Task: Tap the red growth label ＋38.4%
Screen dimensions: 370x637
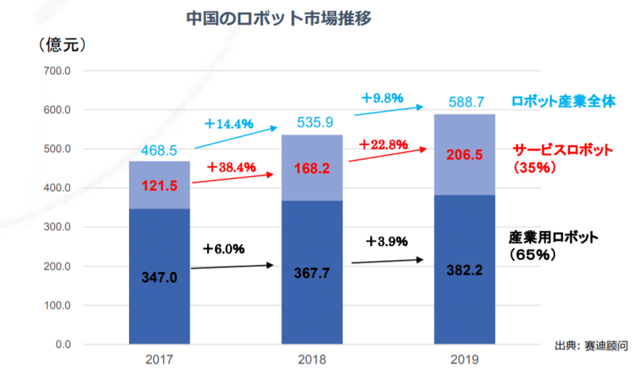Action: coord(229,167)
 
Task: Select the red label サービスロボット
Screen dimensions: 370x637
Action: coord(562,150)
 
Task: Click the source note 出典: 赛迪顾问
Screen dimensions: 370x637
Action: coord(591,346)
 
